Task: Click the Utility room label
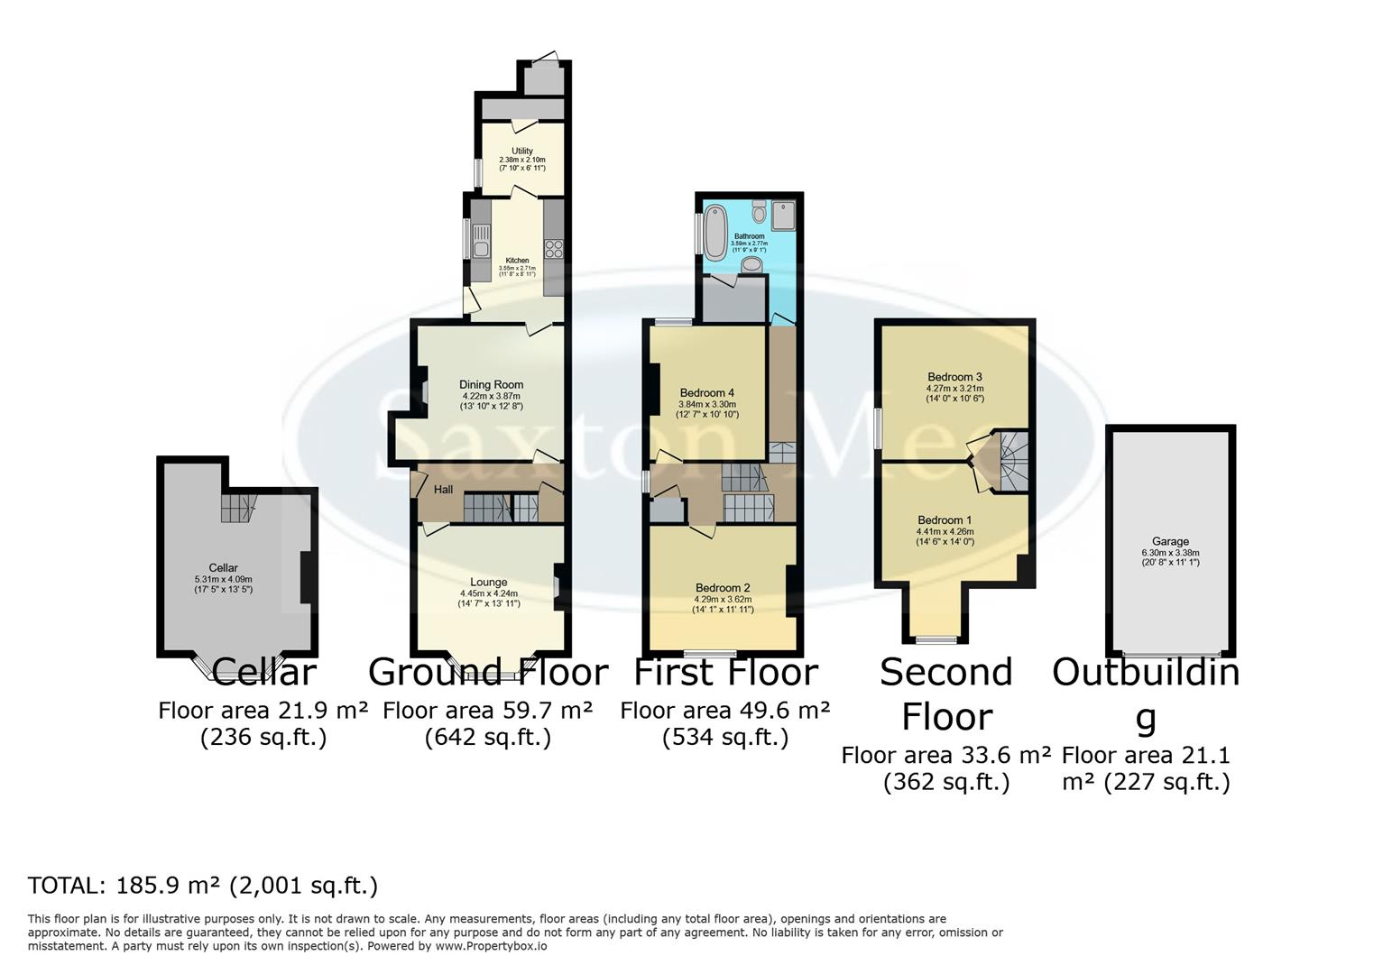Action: pos(522,152)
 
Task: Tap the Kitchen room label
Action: pos(517,261)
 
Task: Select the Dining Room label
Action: pos(491,385)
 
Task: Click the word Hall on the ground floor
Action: pos(444,490)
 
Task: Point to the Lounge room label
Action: pos(489,582)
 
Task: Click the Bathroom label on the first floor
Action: pos(749,236)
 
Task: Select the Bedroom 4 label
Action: pos(707,393)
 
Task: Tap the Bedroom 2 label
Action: pos(722,588)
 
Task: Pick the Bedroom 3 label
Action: pos(954,377)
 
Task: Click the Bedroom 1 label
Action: pos(945,520)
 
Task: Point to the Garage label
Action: pos(1170,542)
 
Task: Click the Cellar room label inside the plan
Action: pos(223,568)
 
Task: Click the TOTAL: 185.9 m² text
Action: pos(202,886)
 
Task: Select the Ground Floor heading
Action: pos(488,673)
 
